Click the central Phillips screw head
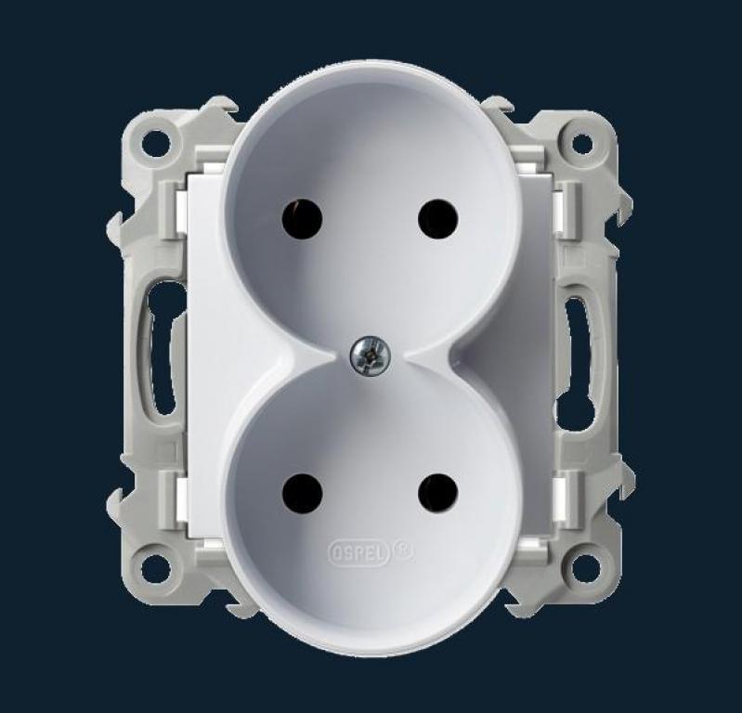(371, 356)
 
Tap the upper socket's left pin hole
(302, 219)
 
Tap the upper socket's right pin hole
(438, 219)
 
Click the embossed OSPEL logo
(358, 552)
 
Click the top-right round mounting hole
(582, 144)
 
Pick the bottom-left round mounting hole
(155, 568)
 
